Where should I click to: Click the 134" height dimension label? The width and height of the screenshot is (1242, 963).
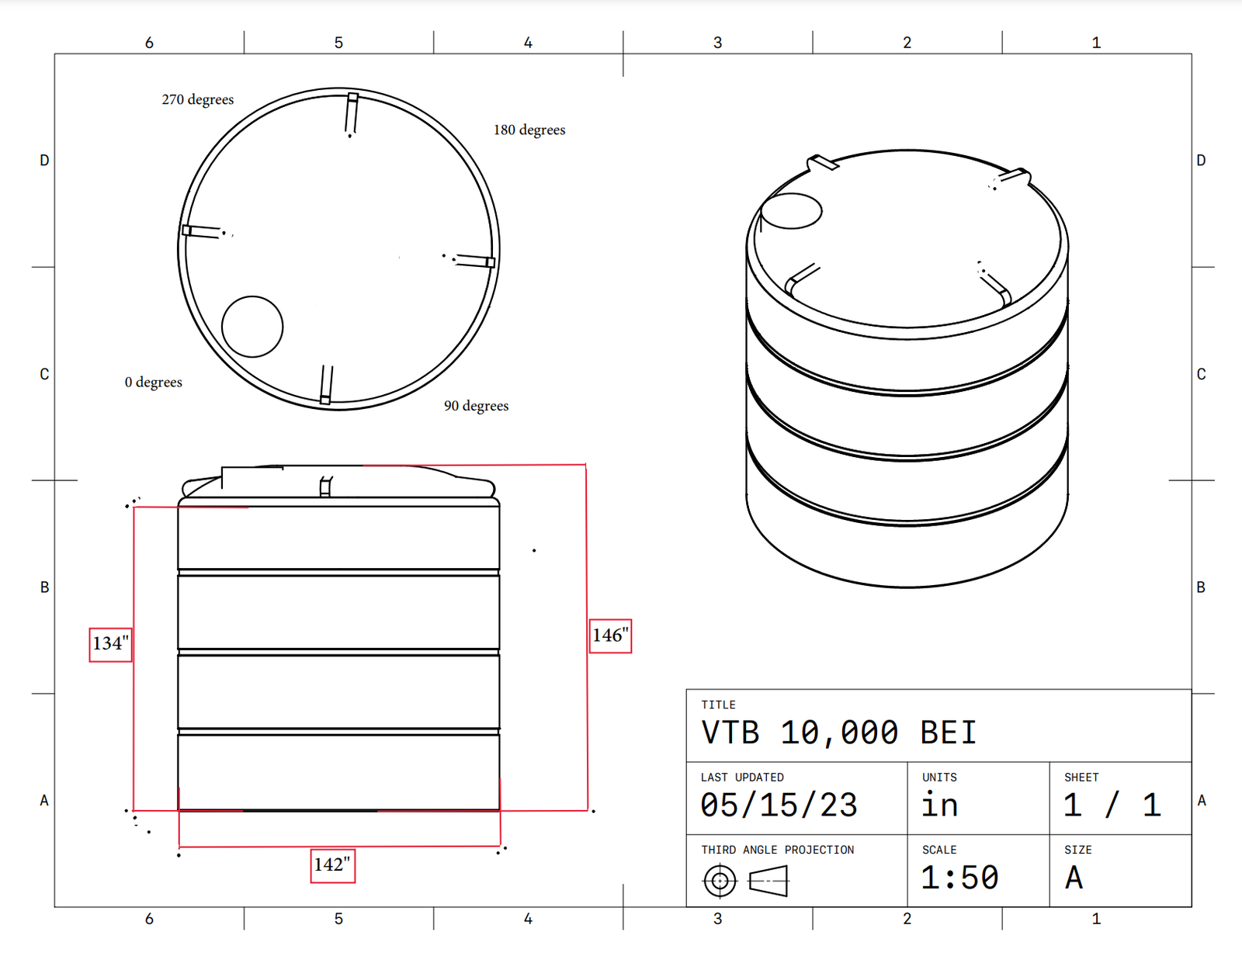pos(110,644)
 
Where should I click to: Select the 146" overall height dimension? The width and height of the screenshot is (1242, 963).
pos(610,636)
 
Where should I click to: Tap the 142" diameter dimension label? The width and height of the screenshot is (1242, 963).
pos(333,865)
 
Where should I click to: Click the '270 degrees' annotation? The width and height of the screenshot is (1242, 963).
pos(198,99)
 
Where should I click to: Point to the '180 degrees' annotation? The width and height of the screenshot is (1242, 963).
pos(529,130)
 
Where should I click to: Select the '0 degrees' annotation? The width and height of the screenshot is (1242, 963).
pos(153,382)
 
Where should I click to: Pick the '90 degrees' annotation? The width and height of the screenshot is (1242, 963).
pos(476,406)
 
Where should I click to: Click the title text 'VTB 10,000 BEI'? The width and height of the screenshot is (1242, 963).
pos(839,733)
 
